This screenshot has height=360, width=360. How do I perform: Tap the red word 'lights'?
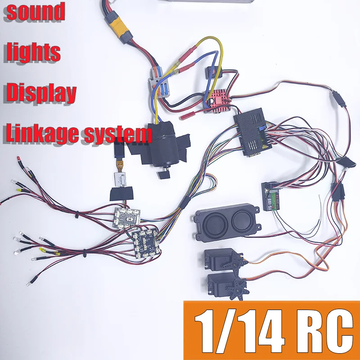point(33,52)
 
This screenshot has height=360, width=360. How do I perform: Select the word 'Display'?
point(40,92)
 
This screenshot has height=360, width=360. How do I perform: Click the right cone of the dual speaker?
point(241,221)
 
